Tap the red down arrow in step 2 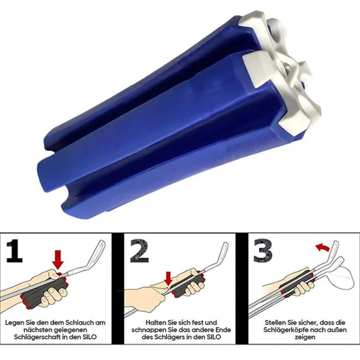coord(168,278)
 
